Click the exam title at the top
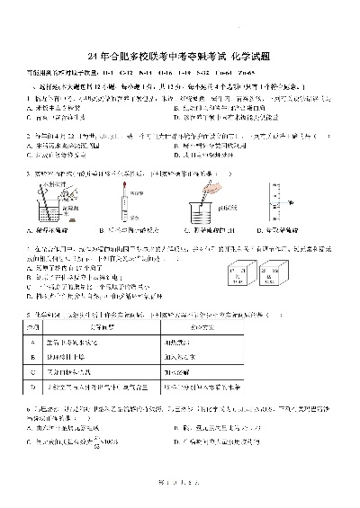click(x=180, y=56)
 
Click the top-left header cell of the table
click(x=34, y=328)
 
